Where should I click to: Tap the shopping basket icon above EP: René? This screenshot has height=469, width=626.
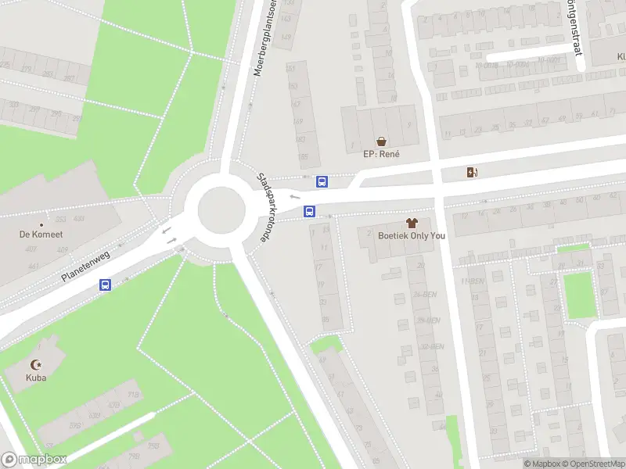tap(381, 141)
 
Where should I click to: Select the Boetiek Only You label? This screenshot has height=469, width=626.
tap(412, 235)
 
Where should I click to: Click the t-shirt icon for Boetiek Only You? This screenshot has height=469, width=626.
tap(412, 223)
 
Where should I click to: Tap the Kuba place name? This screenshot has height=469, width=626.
tap(36, 378)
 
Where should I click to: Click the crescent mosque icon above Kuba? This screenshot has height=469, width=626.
tap(35, 364)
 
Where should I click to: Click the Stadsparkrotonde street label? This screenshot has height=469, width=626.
tap(268, 207)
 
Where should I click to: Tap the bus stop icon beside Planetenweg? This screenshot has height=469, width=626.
tap(104, 285)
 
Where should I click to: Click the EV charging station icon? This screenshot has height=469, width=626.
tap(471, 173)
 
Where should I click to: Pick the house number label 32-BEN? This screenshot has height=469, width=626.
tap(431, 346)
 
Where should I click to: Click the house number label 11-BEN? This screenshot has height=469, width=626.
tap(472, 281)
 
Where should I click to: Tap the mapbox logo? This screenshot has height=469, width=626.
tap(33, 460)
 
